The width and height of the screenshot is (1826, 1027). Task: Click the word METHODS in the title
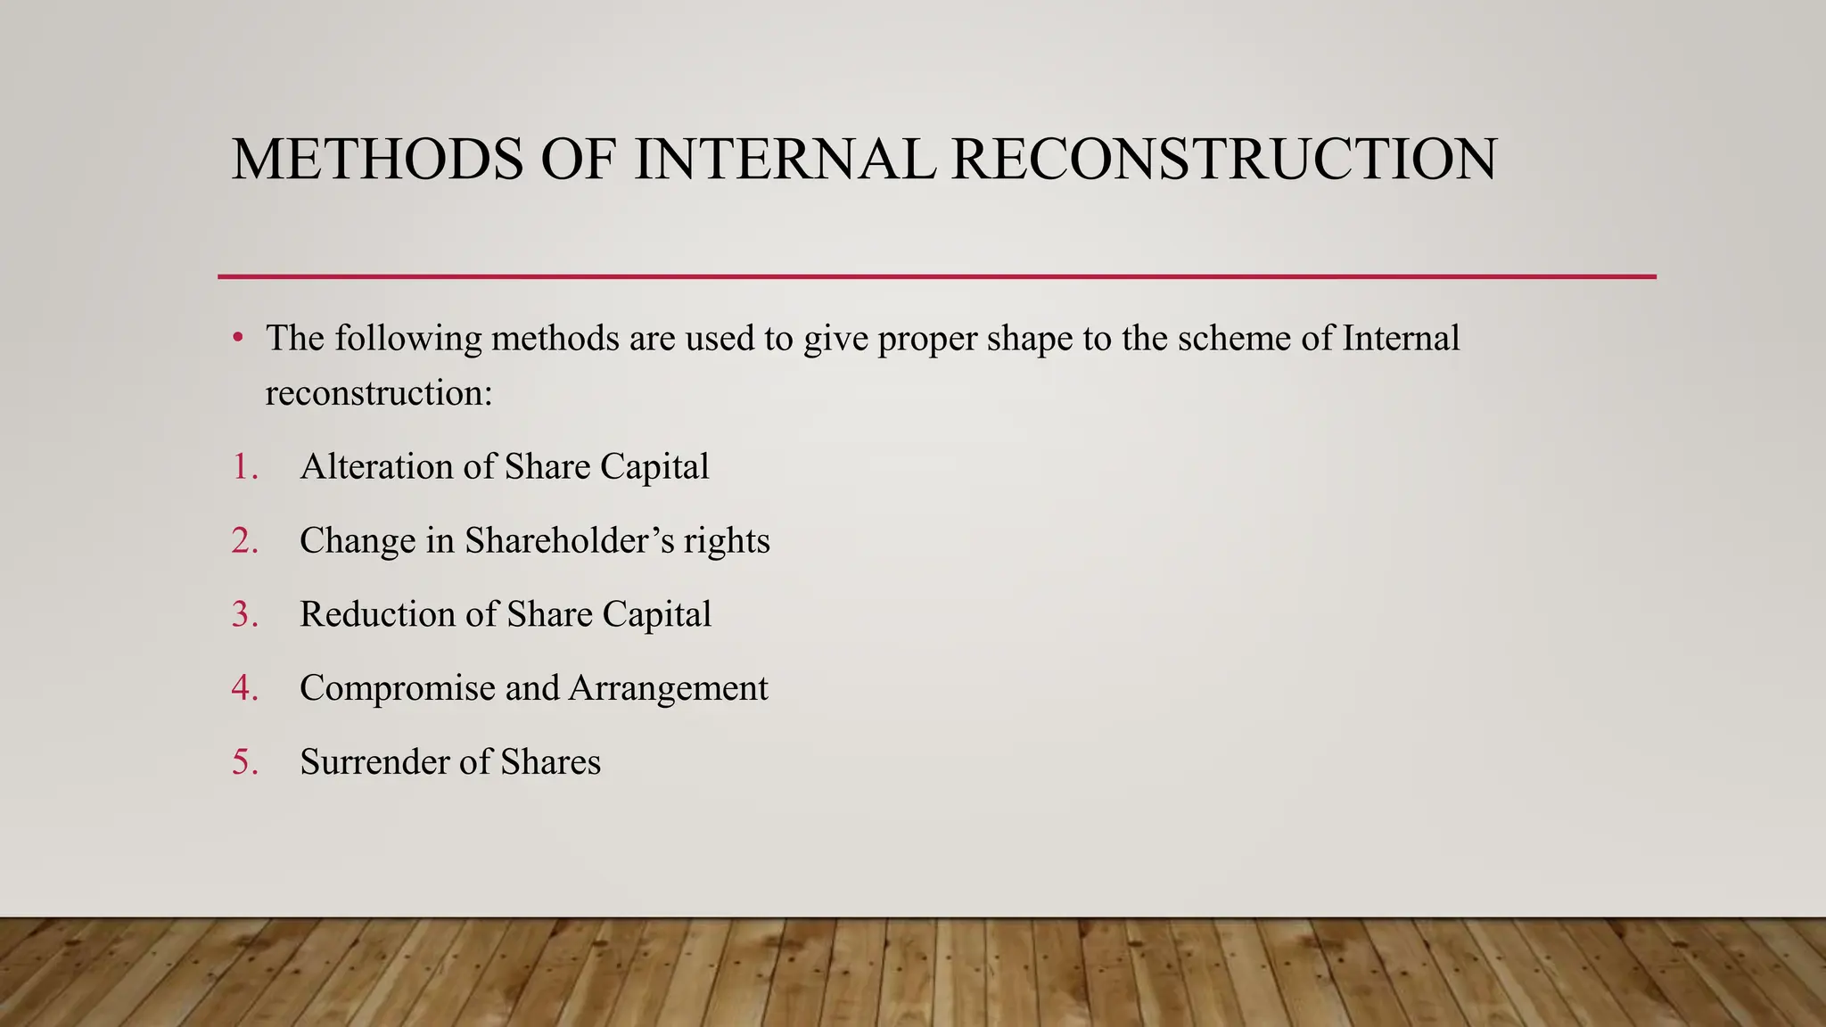coord(377,160)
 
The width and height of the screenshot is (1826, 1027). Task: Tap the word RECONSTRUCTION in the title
coord(1223,160)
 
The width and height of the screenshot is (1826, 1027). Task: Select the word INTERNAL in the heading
coord(785,160)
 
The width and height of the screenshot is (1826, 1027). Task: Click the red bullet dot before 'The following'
coord(237,339)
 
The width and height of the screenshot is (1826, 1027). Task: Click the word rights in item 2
coord(727,541)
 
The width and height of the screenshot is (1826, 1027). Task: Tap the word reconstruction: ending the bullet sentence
coord(379,393)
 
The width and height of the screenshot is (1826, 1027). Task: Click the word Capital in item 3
coord(656,615)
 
